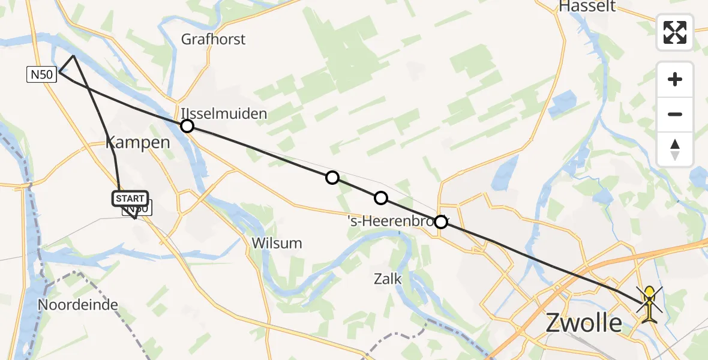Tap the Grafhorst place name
(214, 40)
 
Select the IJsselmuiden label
(224, 113)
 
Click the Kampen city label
(138, 143)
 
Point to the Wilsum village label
(277, 243)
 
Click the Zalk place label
(388, 279)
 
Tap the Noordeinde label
(78, 304)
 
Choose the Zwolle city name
(584, 323)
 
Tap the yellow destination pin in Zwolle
(650, 303)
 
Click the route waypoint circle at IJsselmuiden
(187, 125)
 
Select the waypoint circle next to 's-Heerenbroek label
(441, 222)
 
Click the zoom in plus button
(675, 79)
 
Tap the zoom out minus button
(675, 114)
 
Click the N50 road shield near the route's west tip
(41, 75)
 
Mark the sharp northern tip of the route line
(74, 56)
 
